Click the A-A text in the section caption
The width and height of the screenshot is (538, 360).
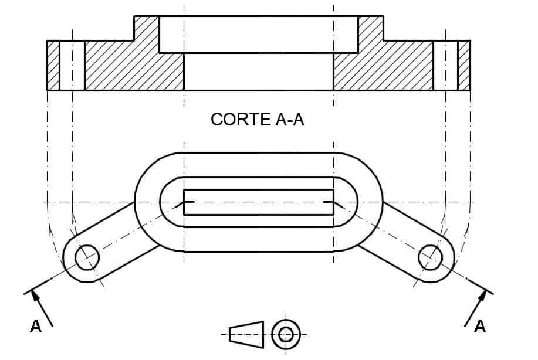[289, 119]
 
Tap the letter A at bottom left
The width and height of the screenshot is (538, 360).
[36, 327]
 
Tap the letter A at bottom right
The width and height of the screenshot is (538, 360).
[480, 327]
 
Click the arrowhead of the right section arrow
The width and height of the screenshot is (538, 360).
[482, 295]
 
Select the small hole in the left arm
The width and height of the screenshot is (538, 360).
[87, 257]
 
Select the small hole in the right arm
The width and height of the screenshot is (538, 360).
[431, 257]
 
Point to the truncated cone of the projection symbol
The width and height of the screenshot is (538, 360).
[246, 334]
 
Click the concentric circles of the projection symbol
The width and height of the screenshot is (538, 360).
[286, 334]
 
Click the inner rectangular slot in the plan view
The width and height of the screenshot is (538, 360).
[259, 202]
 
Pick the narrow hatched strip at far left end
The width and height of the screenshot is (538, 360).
[53, 65]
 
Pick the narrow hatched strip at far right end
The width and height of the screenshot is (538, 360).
[463, 65]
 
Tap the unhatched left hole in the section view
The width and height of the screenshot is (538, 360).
[72, 65]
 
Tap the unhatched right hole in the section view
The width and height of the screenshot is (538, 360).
[445, 65]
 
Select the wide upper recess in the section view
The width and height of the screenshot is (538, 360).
[259, 34]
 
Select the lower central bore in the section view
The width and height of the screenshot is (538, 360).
[259, 72]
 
